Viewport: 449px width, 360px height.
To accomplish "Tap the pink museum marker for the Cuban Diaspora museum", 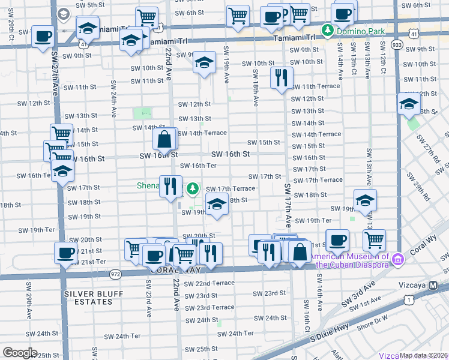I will (x=397, y=259).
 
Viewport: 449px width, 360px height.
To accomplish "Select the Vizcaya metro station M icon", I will (x=433, y=286).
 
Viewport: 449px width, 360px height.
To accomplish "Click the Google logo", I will (x=20, y=353).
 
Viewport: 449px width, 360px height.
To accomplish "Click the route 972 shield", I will (x=116, y=274).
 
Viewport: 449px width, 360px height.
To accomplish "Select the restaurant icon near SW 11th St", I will (x=281, y=78).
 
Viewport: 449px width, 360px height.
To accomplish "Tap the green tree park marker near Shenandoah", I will (x=192, y=188).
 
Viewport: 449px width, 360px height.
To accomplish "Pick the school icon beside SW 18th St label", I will (x=217, y=205).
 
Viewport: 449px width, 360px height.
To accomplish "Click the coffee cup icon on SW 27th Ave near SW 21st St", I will (x=65, y=253).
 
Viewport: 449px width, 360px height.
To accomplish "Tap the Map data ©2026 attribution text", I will (x=423, y=355).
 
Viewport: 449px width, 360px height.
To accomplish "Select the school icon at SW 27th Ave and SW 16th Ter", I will (x=61, y=172).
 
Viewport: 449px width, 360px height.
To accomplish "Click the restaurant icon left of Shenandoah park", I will (x=170, y=185).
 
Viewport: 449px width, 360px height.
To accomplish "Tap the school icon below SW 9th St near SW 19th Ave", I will (x=204, y=62).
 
